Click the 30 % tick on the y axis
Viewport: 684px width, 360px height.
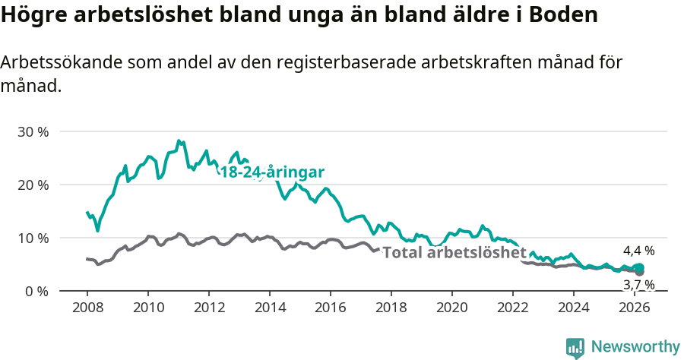pyautogui.click(x=33, y=131)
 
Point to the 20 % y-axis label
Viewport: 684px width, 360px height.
pyautogui.click(x=33, y=185)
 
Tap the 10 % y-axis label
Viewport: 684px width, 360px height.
pyautogui.click(x=33, y=238)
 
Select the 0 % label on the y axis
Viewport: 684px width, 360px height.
pyautogui.click(x=36, y=291)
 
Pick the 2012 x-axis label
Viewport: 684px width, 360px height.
pyautogui.click(x=208, y=308)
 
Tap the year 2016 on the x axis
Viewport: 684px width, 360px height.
pyautogui.click(x=330, y=308)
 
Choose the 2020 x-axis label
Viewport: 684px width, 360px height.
pyautogui.click(x=451, y=308)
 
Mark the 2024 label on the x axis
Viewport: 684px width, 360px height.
pyautogui.click(x=573, y=308)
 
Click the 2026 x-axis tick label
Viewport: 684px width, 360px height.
pyautogui.click(x=634, y=308)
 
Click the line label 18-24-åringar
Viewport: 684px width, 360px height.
pyautogui.click(x=272, y=172)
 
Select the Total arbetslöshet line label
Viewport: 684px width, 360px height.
pyautogui.click(x=454, y=253)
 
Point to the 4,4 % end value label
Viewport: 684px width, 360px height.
pyautogui.click(x=638, y=250)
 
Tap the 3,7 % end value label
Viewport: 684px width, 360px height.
pyautogui.click(x=638, y=285)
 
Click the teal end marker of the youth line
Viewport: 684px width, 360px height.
pyautogui.click(x=639, y=267)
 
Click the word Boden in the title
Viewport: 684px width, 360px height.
pyautogui.click(x=562, y=14)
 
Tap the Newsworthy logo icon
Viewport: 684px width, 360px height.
pyautogui.click(x=575, y=348)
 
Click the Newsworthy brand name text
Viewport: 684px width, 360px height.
pyautogui.click(x=635, y=347)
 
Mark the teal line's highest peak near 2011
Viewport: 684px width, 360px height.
pyautogui.click(x=178, y=141)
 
